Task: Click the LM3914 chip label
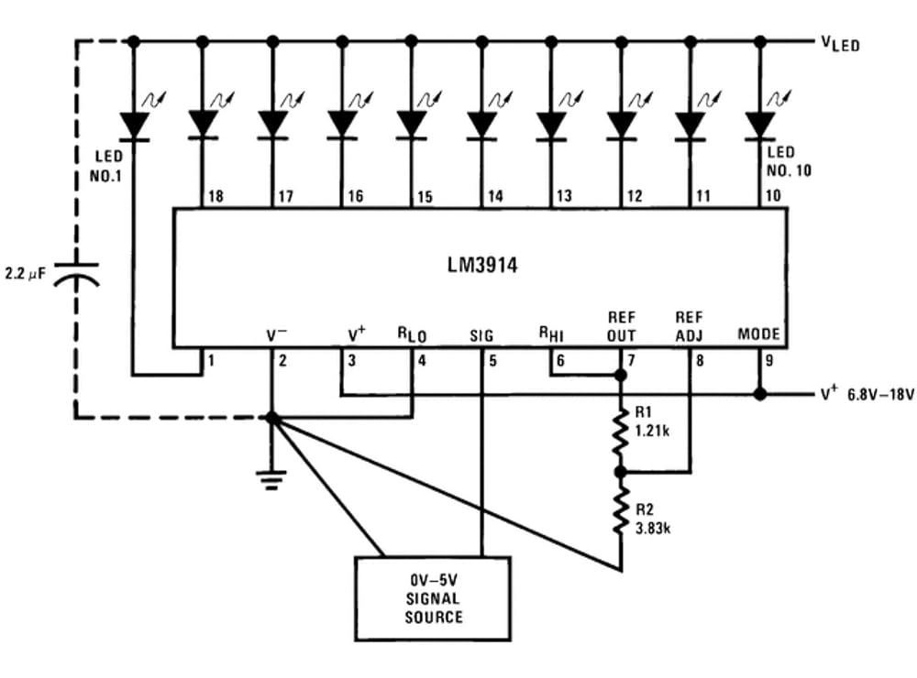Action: [x=482, y=266]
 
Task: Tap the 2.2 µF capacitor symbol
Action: [x=76, y=275]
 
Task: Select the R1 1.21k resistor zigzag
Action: [x=621, y=432]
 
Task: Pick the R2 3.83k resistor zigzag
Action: [x=621, y=509]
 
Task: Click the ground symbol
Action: [x=271, y=478]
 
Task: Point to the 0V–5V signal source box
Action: [x=433, y=598]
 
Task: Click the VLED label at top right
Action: [x=840, y=43]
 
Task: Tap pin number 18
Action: [x=215, y=196]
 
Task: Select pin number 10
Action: [x=772, y=195]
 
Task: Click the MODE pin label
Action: [x=758, y=334]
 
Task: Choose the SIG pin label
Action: [x=481, y=335]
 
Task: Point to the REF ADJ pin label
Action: [x=689, y=326]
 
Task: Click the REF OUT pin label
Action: [x=621, y=326]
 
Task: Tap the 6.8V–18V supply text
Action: [x=880, y=395]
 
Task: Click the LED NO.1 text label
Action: [x=106, y=166]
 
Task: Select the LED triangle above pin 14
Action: [x=482, y=125]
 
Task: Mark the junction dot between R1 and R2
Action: [x=621, y=471]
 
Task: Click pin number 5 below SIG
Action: [x=492, y=361]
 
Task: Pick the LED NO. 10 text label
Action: [x=789, y=162]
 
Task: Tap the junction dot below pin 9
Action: [x=759, y=395]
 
